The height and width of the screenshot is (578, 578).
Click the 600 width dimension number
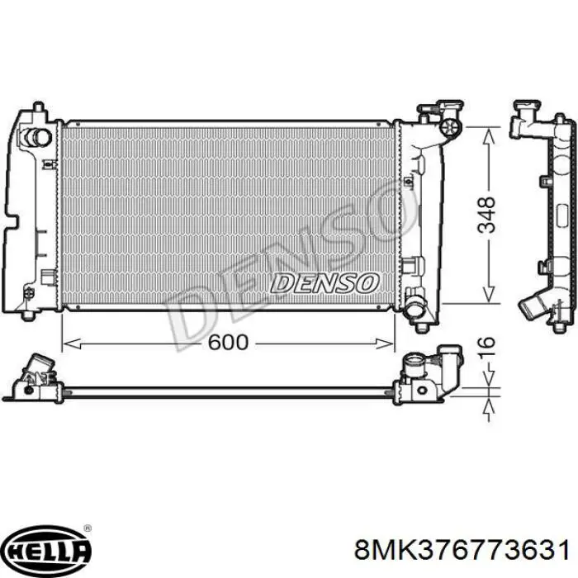(228, 343)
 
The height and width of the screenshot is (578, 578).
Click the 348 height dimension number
(486, 215)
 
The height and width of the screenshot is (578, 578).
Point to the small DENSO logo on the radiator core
(325, 283)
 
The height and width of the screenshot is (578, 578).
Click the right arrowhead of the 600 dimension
(385, 344)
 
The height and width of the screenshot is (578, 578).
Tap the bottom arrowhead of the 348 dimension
(488, 294)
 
